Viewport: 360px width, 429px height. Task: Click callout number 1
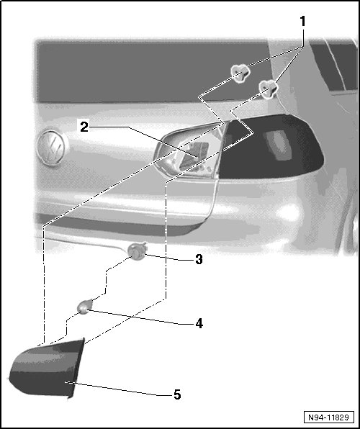(302, 21)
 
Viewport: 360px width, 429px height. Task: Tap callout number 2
(84, 127)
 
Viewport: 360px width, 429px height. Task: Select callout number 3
(199, 259)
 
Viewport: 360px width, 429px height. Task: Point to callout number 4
(199, 323)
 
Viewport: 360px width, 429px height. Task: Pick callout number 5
(177, 394)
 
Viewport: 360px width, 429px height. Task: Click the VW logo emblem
(51, 148)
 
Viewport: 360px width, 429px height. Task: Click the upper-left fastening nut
(240, 73)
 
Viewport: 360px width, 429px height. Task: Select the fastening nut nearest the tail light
(269, 89)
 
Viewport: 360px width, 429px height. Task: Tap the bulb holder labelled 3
(138, 251)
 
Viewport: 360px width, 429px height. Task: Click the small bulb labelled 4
(85, 307)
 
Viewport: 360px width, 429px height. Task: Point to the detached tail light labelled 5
(47, 368)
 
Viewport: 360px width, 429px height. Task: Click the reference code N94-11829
(328, 417)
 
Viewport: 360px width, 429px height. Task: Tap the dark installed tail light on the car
(271, 148)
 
